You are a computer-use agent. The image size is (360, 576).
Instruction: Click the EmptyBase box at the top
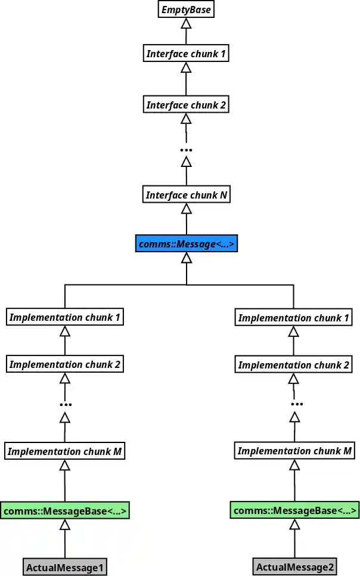[x=186, y=10]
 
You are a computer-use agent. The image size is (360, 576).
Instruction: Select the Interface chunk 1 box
[x=186, y=54]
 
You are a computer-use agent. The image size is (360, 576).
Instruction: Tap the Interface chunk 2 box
[x=186, y=105]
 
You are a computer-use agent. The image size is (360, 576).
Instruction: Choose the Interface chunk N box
[x=186, y=195]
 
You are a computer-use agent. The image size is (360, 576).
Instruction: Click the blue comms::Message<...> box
[x=186, y=244]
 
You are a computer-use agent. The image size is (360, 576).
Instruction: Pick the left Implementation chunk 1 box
[x=65, y=317]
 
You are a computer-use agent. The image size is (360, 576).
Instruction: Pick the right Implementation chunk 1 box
[x=294, y=318]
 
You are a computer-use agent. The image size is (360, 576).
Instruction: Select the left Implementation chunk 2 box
[x=65, y=364]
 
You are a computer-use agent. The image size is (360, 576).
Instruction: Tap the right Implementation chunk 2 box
[x=294, y=364]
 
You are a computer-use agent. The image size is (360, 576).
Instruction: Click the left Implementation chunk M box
[x=65, y=451]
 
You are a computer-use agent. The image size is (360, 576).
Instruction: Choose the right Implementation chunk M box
[x=294, y=451]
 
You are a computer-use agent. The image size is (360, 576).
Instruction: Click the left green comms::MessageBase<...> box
[x=65, y=511]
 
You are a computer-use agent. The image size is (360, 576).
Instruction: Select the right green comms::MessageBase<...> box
[x=294, y=510]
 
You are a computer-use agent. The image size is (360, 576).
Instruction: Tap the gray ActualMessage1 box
[x=65, y=568]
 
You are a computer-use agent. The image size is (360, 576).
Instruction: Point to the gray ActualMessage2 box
[x=294, y=567]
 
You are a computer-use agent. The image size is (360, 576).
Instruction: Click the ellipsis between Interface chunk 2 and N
[x=186, y=150]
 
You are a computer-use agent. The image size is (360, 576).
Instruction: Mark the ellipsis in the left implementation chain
[x=65, y=405]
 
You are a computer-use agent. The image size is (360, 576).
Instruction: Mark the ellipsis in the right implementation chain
[x=294, y=405]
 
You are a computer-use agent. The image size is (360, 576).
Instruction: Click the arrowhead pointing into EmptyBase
[x=186, y=24]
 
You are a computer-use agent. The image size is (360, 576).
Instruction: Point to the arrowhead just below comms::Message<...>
[x=186, y=258]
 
